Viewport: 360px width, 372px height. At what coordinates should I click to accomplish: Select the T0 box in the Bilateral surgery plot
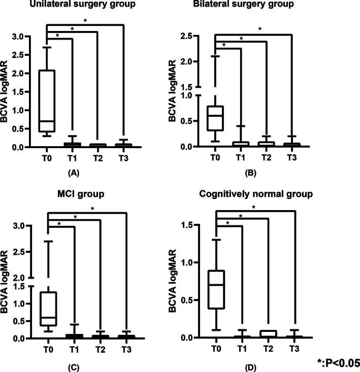click(x=215, y=118)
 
